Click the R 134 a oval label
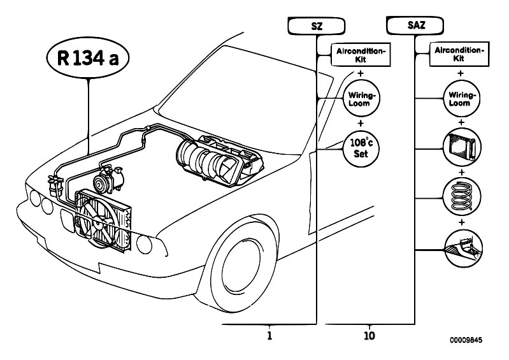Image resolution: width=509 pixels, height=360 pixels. pyautogui.click(x=88, y=58)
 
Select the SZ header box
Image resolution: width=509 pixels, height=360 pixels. pyautogui.click(x=317, y=26)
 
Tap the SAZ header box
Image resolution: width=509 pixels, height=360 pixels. pyautogui.click(x=415, y=25)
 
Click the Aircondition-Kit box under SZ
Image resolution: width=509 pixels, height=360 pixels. pyautogui.click(x=361, y=55)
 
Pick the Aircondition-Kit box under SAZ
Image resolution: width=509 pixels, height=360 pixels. pyautogui.click(x=459, y=54)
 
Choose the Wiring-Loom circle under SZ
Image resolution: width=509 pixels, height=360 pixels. pyautogui.click(x=361, y=99)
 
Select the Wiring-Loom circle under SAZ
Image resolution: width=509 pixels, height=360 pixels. pyautogui.click(x=461, y=99)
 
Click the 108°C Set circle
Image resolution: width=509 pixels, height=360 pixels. pyautogui.click(x=361, y=148)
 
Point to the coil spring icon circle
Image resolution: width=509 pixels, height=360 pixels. pyautogui.click(x=462, y=197)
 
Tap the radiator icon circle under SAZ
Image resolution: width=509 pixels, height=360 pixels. pyautogui.click(x=462, y=147)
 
